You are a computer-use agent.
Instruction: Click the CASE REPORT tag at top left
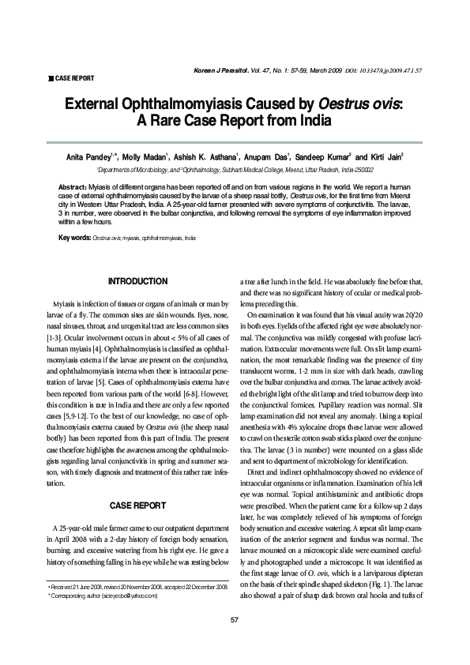(73, 79)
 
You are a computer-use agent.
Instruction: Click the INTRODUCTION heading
(137, 281)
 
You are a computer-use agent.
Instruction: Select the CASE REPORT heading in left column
(137, 503)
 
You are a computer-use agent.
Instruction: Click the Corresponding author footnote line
(103, 618)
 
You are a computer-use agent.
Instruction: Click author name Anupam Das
(284, 157)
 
